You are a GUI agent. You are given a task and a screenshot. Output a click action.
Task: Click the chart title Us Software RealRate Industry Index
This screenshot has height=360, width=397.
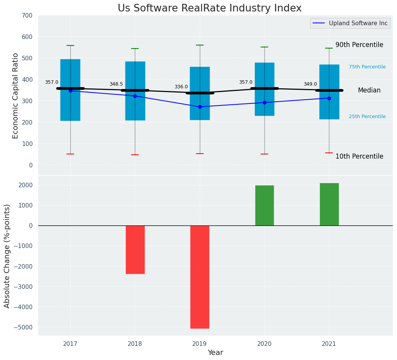pyautogui.click(x=209, y=8)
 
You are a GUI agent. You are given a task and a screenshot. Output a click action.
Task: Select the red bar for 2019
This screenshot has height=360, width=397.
pyautogui.click(x=200, y=277)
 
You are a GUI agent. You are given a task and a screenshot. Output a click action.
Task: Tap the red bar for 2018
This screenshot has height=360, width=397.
pyautogui.click(x=135, y=250)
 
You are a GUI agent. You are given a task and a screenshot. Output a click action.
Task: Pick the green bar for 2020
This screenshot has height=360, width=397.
pyautogui.click(x=264, y=206)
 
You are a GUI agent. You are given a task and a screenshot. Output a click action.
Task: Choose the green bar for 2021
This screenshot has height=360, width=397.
pyautogui.click(x=329, y=204)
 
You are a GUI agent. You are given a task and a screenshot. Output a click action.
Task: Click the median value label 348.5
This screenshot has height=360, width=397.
pyautogui.click(x=116, y=84)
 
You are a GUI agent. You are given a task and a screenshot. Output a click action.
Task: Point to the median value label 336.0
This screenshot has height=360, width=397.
pyautogui.click(x=181, y=87)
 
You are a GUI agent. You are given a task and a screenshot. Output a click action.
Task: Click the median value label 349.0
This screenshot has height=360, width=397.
pyautogui.click(x=310, y=84)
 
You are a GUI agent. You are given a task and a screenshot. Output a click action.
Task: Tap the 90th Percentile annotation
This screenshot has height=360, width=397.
pyautogui.click(x=359, y=45)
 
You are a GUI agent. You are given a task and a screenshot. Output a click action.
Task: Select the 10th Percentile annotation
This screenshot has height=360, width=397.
pyautogui.click(x=359, y=157)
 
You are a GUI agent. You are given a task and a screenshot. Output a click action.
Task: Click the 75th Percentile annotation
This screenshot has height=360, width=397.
pyautogui.click(x=367, y=67)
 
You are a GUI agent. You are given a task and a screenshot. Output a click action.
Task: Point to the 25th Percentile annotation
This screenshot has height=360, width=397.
pyautogui.click(x=367, y=117)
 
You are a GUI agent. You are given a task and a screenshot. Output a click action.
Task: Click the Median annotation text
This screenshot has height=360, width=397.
pyautogui.click(x=369, y=91)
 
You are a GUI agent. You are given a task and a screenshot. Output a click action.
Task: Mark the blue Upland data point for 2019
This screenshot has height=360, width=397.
pyautogui.click(x=200, y=107)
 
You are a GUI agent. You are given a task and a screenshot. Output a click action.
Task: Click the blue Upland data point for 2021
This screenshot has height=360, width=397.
pyautogui.click(x=329, y=98)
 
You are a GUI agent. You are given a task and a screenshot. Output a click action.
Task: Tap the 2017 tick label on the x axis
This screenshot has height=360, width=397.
pyautogui.click(x=70, y=344)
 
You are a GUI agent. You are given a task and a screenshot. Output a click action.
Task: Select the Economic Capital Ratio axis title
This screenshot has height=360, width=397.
pyautogui.click(x=16, y=96)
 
